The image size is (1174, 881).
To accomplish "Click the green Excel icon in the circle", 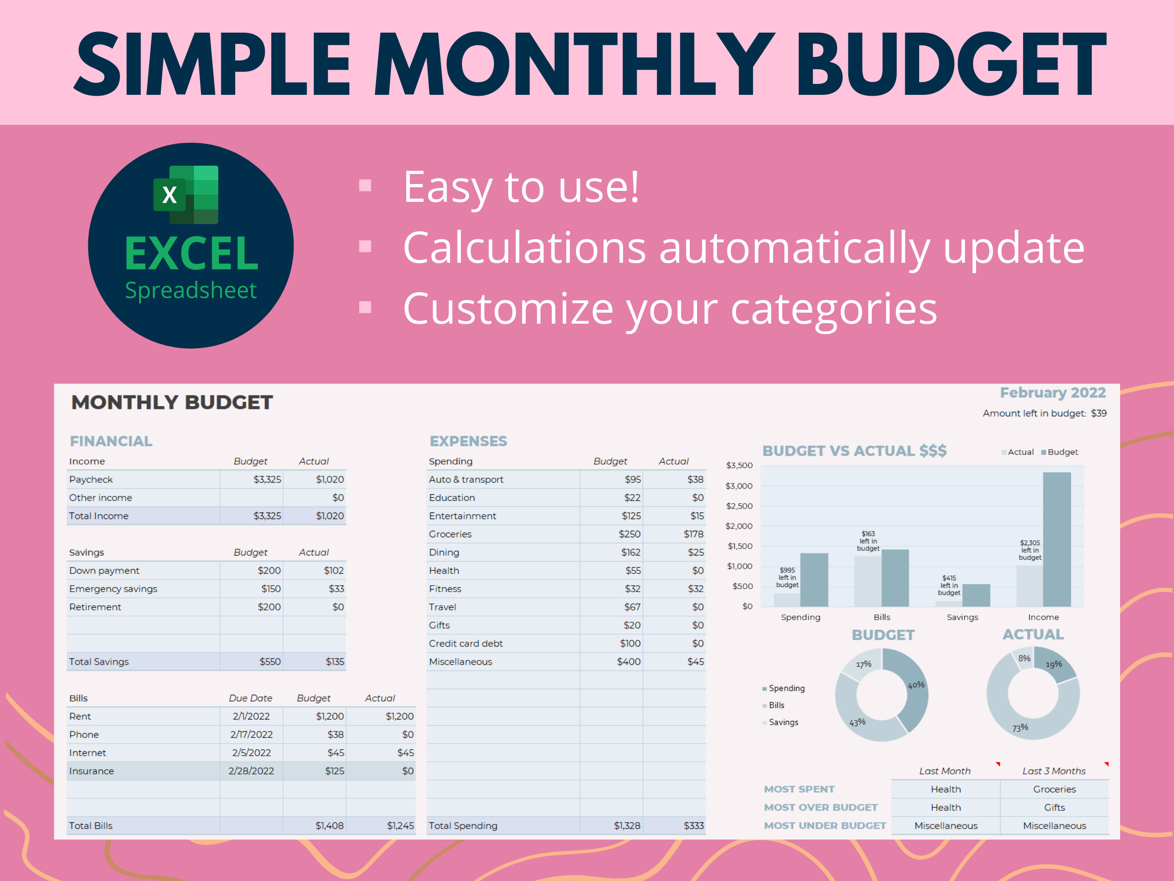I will pos(186,194).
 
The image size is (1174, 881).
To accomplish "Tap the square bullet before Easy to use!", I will pos(365,185).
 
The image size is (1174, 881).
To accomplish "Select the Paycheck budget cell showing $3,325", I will pos(267,479).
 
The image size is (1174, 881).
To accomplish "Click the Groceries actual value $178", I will pos(693,534).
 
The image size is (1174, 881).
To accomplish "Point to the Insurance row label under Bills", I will pos(91,771).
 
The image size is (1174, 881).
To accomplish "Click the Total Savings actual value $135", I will pos(334,662).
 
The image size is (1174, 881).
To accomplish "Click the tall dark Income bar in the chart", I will pos(1056,539).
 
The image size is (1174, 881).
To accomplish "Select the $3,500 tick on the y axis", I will pos(739,466).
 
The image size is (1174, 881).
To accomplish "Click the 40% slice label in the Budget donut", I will pos(916,685).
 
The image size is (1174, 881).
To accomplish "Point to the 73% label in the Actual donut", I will pos(1020,727).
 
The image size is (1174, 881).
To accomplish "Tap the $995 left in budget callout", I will pos(787,578).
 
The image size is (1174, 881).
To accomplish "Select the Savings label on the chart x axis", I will pos(962,617).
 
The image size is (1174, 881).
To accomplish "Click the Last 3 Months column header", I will pos(1054,771).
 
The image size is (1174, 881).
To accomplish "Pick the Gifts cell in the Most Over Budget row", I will pos(1054,808).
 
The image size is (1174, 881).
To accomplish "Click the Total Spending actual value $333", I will pos(693,826).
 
